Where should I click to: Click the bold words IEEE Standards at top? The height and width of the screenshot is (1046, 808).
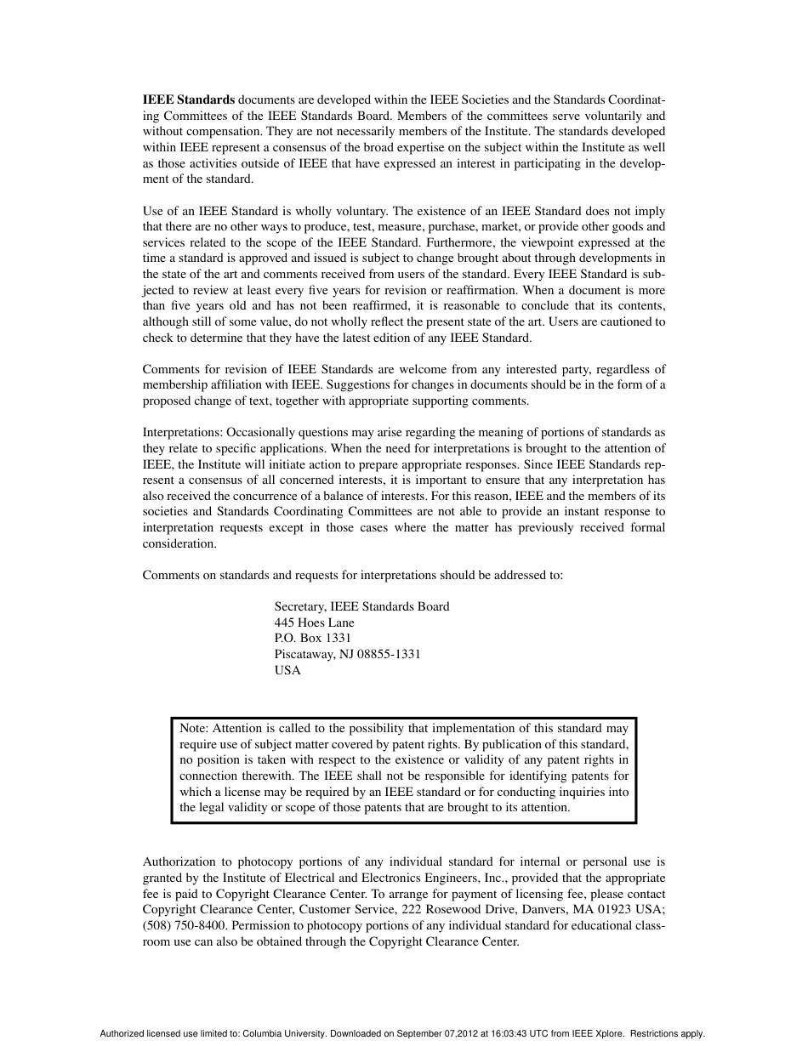(x=189, y=99)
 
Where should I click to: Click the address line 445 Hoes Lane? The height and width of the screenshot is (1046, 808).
(x=314, y=622)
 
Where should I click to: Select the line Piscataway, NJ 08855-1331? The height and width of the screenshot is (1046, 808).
(x=347, y=654)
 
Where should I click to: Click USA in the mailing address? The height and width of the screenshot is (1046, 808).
(x=287, y=670)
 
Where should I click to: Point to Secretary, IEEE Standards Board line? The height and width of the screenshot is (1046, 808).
(x=361, y=606)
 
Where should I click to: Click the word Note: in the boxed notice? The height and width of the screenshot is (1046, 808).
(x=194, y=728)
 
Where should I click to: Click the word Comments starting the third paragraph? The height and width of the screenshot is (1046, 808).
(x=169, y=369)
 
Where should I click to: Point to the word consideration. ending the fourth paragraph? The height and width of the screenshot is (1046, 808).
(x=179, y=543)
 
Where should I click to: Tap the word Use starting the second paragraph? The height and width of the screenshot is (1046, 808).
(x=153, y=211)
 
